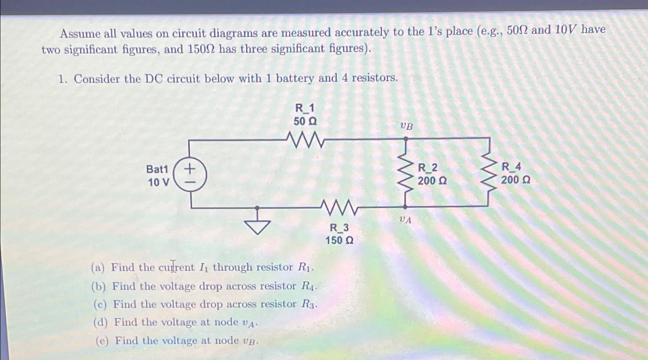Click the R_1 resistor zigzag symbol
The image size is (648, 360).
pos(305,140)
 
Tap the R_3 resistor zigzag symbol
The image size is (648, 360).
pos(338,207)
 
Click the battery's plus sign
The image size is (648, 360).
pos(190,169)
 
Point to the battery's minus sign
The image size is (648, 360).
pos(190,182)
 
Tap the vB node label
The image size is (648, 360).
pos(406,126)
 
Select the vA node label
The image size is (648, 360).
pos(405,220)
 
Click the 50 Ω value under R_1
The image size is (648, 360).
pos(305,122)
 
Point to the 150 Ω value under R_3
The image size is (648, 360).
pos(339,240)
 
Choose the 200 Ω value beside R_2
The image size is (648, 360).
pos(432,181)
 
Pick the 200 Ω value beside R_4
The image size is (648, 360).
pos(516,180)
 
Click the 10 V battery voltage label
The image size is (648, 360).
pos(158,182)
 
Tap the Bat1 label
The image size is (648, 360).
pos(157,169)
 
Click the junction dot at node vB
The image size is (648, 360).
pos(406,139)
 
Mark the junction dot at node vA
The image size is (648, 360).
pos(405,207)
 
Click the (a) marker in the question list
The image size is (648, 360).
pos(97,268)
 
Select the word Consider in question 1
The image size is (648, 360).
pos(97,79)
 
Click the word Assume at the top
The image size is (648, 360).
pos(80,34)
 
